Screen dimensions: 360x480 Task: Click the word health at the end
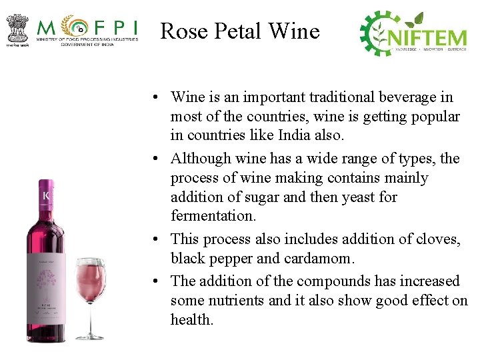[191, 320]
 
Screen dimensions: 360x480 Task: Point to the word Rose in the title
[184, 31]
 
